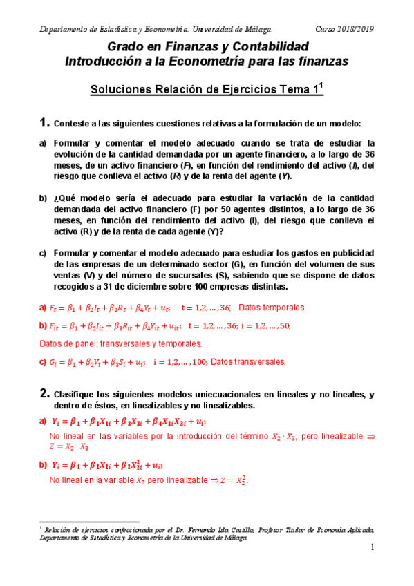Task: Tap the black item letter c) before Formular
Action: [43, 254]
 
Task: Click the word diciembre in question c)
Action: [185, 287]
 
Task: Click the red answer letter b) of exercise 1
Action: [43, 325]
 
